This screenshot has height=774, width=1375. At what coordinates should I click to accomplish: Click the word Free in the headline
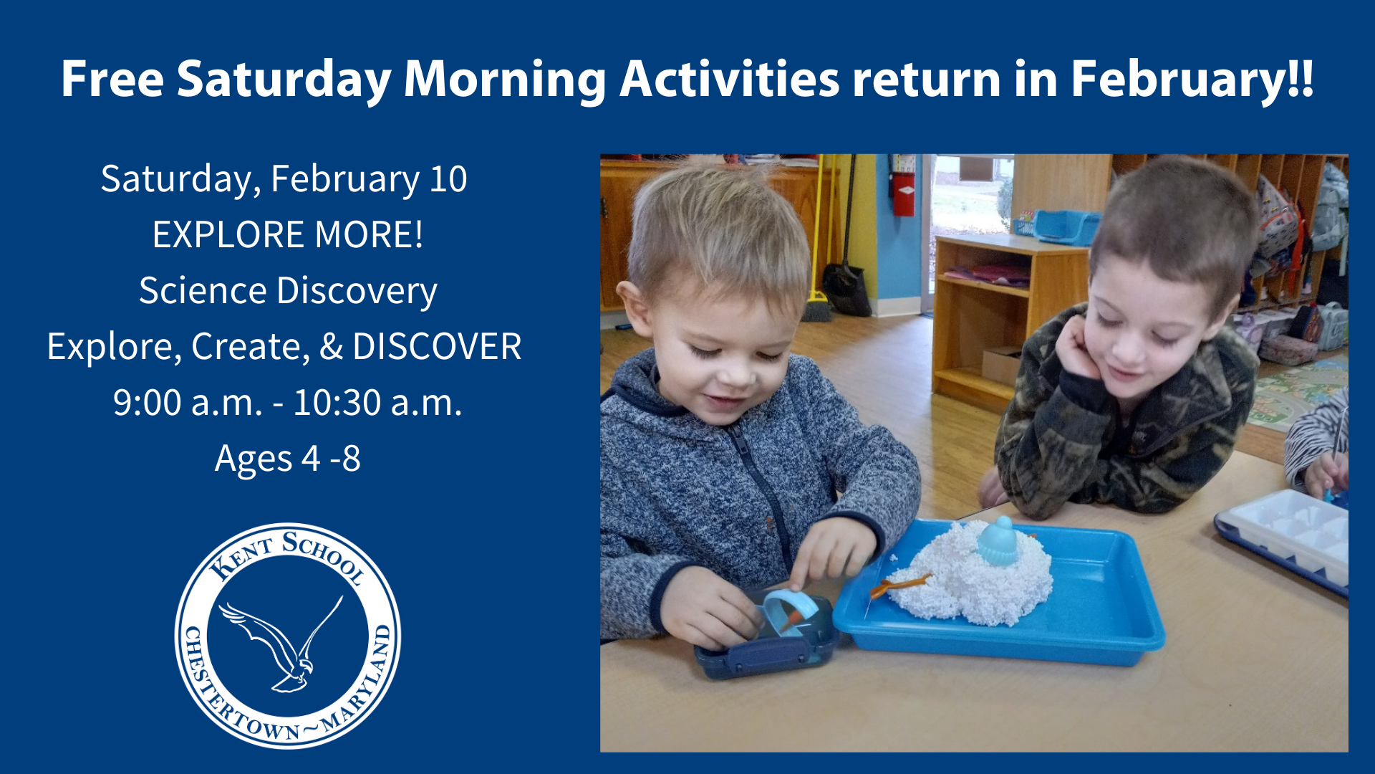point(112,78)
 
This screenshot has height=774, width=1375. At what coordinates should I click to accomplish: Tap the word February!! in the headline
point(1192,78)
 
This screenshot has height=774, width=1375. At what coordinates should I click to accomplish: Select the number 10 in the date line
point(448,178)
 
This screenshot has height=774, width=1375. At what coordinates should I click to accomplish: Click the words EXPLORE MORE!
point(288,234)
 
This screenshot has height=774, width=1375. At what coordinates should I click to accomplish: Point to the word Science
point(203,290)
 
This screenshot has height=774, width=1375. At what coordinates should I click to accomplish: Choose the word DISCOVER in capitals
point(437,346)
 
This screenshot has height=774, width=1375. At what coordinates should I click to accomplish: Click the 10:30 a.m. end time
point(377,402)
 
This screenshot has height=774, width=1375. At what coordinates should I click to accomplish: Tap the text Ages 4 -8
point(288,459)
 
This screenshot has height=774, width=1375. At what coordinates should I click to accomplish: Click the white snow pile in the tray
point(970,573)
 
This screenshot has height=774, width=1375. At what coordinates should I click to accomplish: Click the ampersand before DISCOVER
point(331,346)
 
